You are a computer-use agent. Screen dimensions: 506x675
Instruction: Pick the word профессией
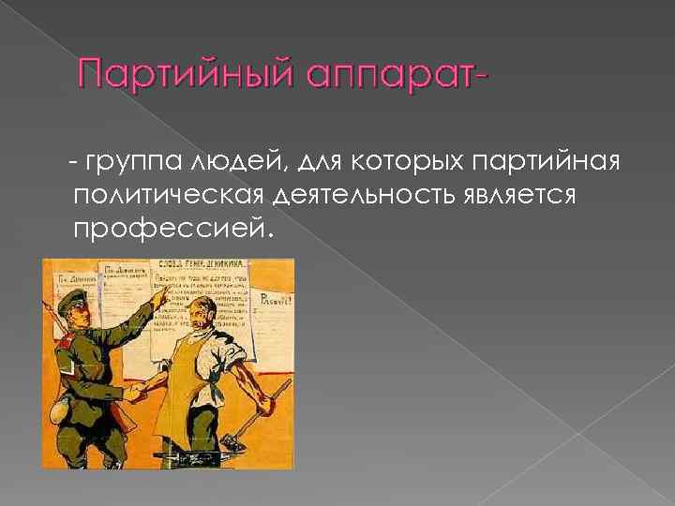coord(170,228)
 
